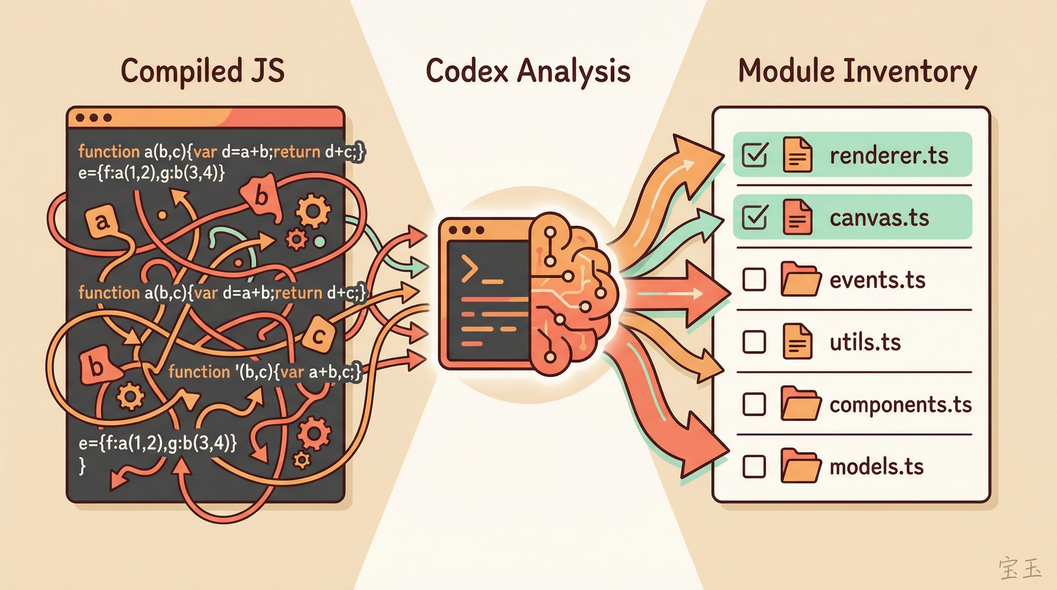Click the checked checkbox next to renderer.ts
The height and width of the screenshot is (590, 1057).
point(754,155)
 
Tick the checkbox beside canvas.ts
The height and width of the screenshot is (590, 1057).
point(754,217)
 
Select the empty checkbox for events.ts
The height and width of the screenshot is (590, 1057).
point(754,279)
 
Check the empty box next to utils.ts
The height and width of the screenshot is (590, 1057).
point(754,342)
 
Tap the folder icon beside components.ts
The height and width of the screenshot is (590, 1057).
point(800,404)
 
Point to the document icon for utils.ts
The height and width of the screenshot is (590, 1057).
point(797,341)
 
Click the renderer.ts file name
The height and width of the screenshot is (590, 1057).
point(889,156)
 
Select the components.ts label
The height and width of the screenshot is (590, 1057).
point(900,404)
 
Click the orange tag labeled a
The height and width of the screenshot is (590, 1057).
point(102,222)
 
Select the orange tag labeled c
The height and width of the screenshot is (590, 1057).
point(318,336)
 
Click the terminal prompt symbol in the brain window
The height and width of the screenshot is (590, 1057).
point(469,267)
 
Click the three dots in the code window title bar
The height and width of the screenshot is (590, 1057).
point(94,118)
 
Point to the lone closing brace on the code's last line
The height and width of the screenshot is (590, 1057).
point(83,466)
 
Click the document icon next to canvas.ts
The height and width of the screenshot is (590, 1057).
point(797,217)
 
